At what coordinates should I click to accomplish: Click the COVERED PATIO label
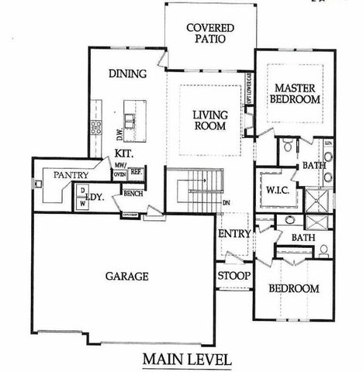coord(210,35)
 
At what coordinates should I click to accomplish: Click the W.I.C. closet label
coord(277,190)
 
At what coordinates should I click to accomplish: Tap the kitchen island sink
coord(131,120)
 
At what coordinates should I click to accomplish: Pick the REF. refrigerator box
coord(135,171)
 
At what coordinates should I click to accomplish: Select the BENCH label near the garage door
coord(132,192)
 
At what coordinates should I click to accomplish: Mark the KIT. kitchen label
coord(126,153)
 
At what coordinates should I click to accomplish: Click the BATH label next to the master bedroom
coord(313,165)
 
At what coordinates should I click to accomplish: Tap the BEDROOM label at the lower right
coord(293,288)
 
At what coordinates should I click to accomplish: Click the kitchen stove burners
coord(98,126)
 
